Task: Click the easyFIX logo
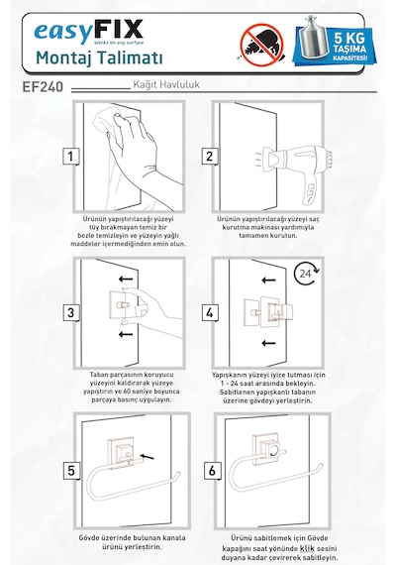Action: click(x=88, y=32)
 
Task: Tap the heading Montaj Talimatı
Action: click(x=99, y=58)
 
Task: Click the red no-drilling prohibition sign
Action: click(x=261, y=45)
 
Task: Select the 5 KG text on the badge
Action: click(x=349, y=38)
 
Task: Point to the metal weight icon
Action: click(x=313, y=38)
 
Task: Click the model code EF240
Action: click(x=43, y=87)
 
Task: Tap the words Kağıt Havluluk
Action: click(x=166, y=84)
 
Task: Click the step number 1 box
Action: click(x=71, y=157)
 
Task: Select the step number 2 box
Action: click(x=210, y=157)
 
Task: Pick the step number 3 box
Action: click(x=71, y=312)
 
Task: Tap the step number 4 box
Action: click(x=210, y=312)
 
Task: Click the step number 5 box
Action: click(x=71, y=471)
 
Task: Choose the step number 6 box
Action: click(x=212, y=471)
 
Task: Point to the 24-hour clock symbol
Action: click(x=306, y=275)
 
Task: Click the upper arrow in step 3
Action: click(x=126, y=279)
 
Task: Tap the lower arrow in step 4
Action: click(x=268, y=343)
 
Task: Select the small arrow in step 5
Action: click(x=147, y=457)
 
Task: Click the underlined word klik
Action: click(x=307, y=548)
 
